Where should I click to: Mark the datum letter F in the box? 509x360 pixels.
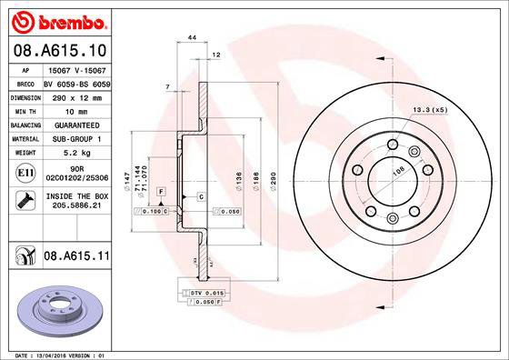coord(160,192)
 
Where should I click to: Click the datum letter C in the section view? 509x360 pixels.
coord(200,196)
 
